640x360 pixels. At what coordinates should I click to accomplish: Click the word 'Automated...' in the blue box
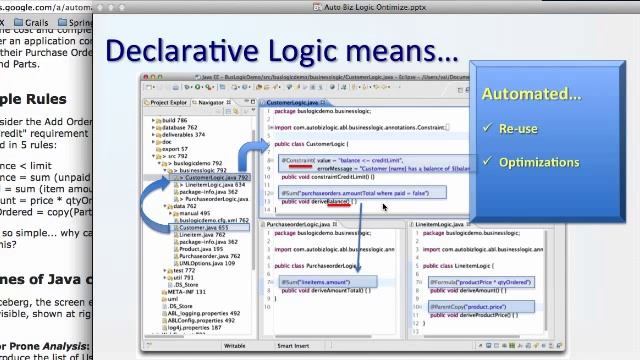click(x=531, y=94)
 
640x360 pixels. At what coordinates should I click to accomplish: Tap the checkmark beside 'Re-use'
click(x=488, y=128)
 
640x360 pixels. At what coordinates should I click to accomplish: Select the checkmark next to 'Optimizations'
click(x=488, y=161)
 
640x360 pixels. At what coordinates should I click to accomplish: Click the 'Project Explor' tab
click(x=168, y=102)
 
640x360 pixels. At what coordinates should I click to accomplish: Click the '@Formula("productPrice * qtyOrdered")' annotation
click(x=481, y=282)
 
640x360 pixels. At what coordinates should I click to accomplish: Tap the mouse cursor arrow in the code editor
click(x=384, y=208)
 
